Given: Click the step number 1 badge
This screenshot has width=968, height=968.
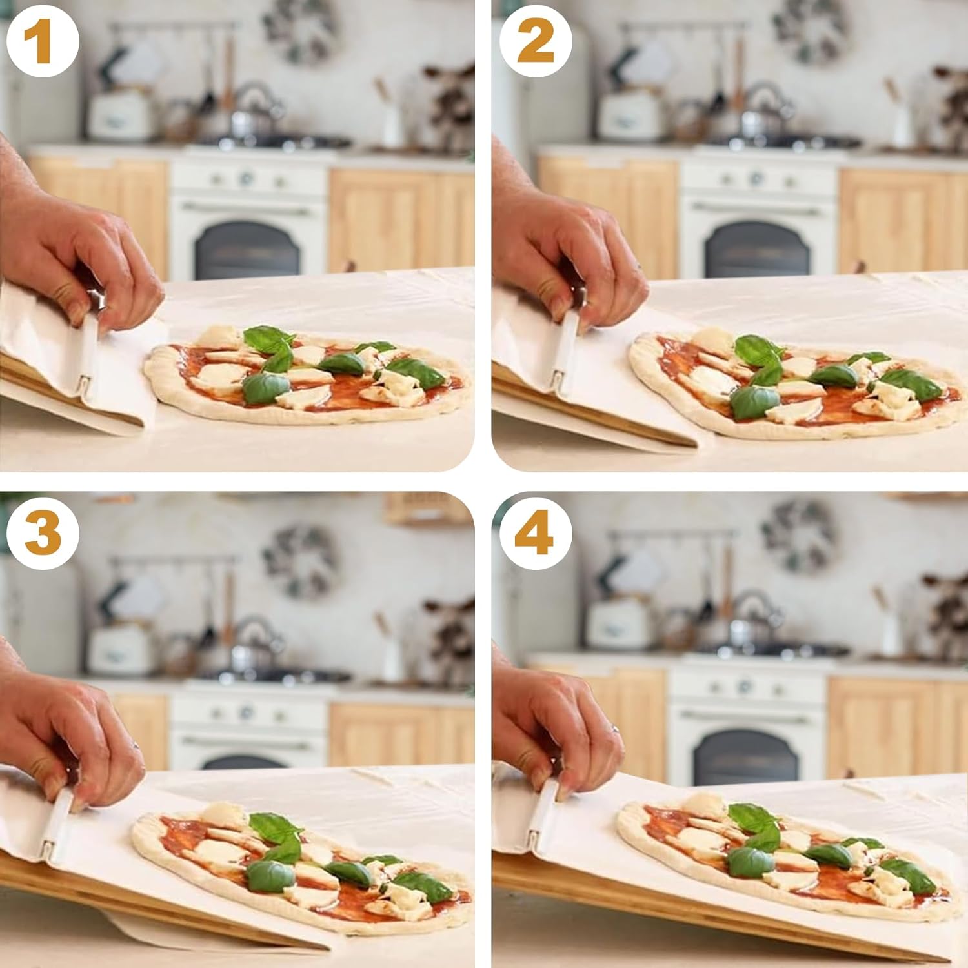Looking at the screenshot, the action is [x=43, y=43].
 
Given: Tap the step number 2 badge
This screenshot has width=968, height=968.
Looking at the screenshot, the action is [x=535, y=43].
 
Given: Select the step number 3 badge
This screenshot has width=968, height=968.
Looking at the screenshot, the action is [x=43, y=533].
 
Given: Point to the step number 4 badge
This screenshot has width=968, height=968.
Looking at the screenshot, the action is [x=535, y=533].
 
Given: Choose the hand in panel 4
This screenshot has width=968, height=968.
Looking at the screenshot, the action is [x=555, y=723].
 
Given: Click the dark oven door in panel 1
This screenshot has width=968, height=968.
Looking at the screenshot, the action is [x=247, y=250].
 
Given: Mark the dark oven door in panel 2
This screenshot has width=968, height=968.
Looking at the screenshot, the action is [x=758, y=250].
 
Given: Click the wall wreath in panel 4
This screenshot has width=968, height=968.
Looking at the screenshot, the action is [x=798, y=536].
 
